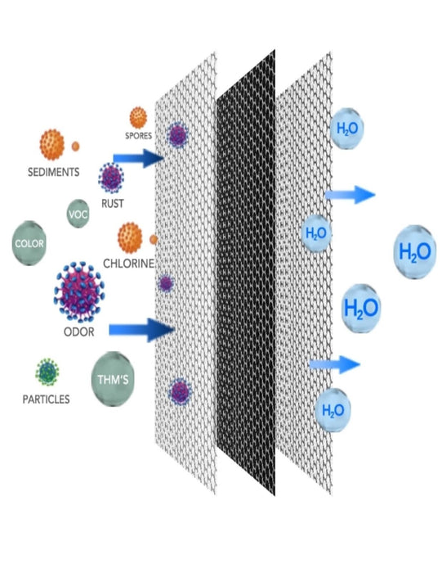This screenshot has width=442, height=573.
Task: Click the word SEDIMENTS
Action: click(54, 172)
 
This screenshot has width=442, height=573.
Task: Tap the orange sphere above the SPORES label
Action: click(138, 118)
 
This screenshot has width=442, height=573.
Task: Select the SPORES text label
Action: click(139, 136)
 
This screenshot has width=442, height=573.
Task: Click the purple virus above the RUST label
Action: click(111, 178)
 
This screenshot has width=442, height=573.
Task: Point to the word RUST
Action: click(112, 204)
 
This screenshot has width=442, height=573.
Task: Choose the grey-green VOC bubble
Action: click(78, 214)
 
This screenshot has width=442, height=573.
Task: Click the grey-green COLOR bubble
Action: click(29, 243)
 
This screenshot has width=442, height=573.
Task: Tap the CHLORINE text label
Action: click(129, 263)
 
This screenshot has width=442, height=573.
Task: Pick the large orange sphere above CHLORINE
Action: click(130, 238)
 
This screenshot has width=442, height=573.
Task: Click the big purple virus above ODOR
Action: click(79, 291)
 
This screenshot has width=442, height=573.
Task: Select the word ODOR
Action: click(78, 332)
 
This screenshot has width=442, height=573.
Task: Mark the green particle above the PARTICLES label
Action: click(47, 372)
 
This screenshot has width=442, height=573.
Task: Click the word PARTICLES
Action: click(46, 399)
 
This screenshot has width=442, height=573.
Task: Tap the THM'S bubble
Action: click(113, 379)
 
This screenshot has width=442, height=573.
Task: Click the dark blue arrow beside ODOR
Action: click(142, 330)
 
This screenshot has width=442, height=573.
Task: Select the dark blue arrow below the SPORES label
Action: click(139, 158)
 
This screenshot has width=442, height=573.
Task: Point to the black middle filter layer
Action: click(246, 273)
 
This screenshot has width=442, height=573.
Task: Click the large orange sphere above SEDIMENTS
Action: click(51, 144)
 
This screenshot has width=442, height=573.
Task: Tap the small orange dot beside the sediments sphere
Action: click(75, 147)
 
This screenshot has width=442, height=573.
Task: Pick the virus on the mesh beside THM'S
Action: click(180, 391)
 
